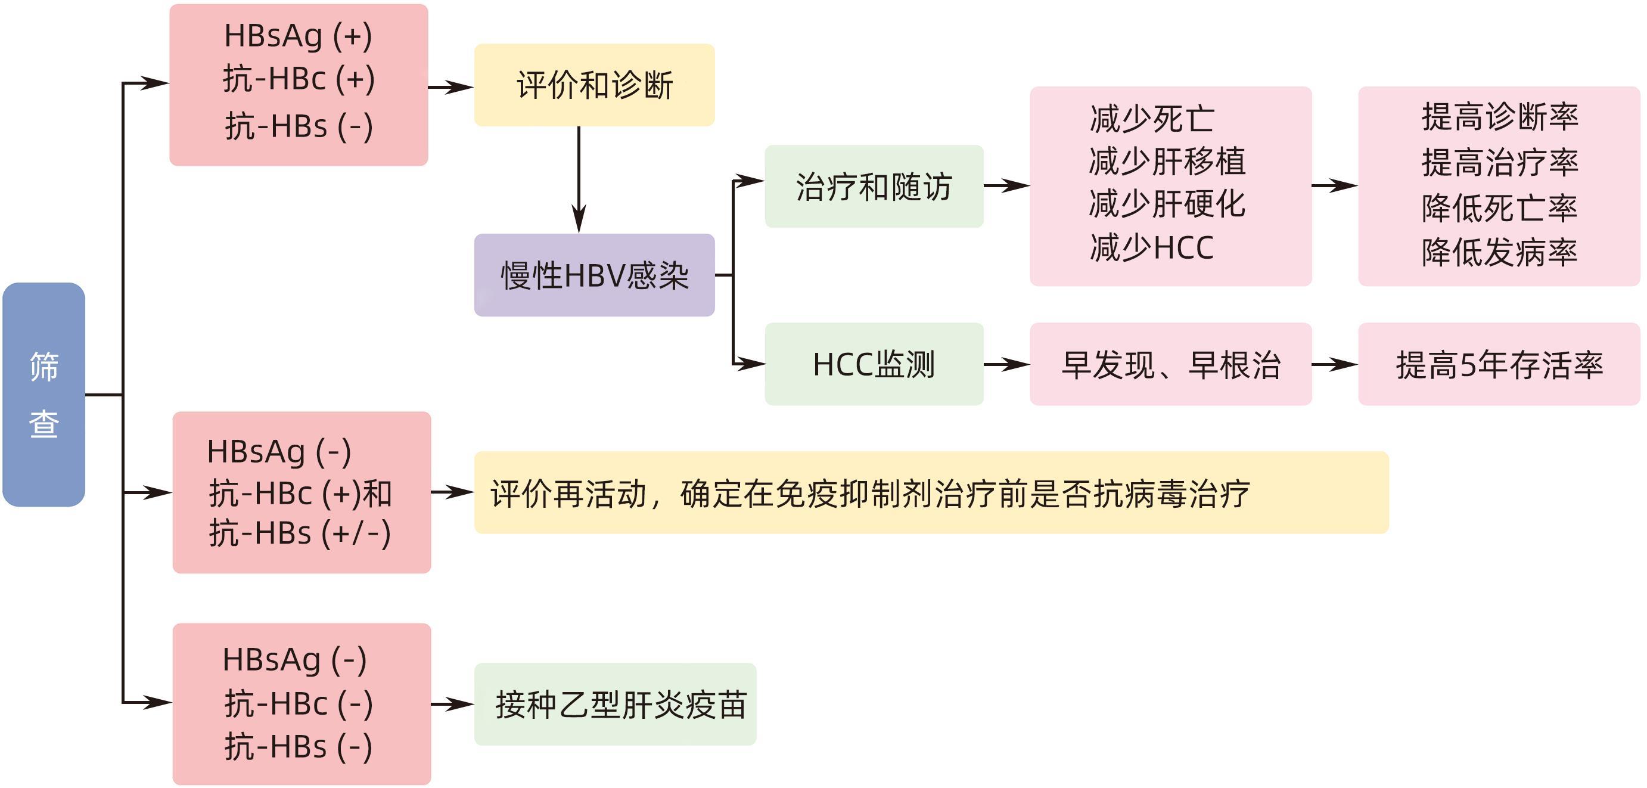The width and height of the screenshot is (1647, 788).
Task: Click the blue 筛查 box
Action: click(43, 394)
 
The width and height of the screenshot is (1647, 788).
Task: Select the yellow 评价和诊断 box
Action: click(594, 85)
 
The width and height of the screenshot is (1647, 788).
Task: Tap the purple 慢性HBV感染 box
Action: click(594, 275)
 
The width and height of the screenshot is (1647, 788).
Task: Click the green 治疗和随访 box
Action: click(874, 186)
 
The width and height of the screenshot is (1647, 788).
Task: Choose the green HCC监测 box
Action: click(874, 364)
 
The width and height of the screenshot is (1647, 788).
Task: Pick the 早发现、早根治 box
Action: click(1170, 365)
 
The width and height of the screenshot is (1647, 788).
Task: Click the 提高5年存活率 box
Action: click(1499, 365)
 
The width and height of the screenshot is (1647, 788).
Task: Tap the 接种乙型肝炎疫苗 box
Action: click(615, 704)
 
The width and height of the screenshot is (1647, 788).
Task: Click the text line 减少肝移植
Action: click(1167, 161)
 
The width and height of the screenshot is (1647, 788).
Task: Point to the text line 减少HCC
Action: click(1151, 247)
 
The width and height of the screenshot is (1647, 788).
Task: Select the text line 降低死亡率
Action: click(1499, 208)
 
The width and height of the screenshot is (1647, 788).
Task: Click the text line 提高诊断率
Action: click(1499, 117)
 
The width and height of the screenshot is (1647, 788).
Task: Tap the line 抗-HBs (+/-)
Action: click(299, 533)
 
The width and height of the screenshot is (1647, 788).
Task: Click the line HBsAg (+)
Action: click(298, 36)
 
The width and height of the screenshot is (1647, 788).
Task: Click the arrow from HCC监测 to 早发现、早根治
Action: click(1006, 365)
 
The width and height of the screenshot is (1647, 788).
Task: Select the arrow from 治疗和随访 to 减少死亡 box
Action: click(1006, 186)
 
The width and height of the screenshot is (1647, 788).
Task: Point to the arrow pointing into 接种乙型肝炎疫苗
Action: click(453, 704)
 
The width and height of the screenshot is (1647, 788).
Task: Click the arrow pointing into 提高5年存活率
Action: click(1334, 365)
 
